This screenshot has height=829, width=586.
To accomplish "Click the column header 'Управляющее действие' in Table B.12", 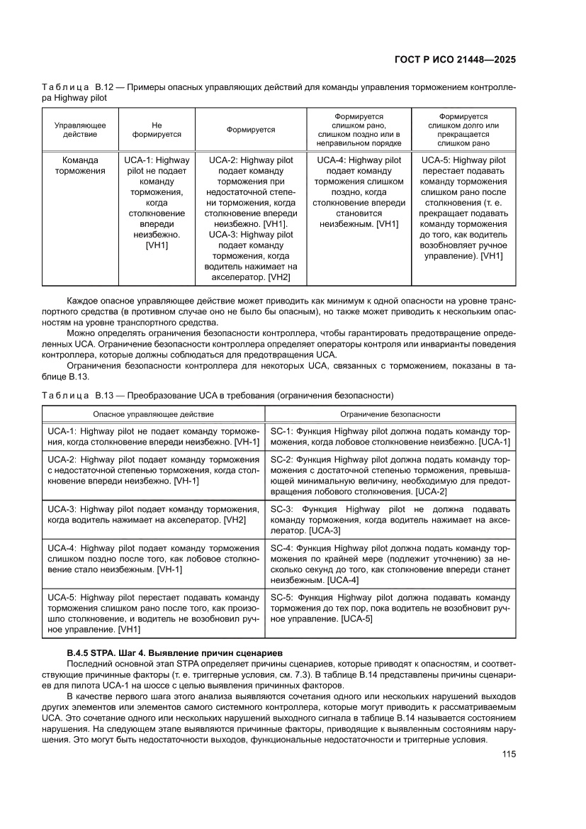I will coord(80,129).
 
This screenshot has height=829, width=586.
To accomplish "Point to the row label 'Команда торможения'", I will coord(80,165).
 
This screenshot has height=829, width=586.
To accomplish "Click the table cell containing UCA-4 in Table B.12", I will coord(359,192).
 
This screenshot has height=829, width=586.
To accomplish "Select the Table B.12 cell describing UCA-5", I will coord(463,208).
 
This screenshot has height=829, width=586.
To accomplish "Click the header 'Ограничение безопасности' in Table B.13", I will coord(390,413).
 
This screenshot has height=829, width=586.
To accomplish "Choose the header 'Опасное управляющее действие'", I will coord(154,413).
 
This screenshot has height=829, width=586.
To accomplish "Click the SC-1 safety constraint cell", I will coord(390,436).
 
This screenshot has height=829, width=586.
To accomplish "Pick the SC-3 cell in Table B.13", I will coord(390,519).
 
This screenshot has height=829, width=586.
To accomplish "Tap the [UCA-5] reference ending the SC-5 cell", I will coord(356,619).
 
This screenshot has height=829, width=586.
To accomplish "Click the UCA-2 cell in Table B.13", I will coord(154,470).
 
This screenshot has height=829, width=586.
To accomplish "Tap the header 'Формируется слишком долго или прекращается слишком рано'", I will coord(463,129).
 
